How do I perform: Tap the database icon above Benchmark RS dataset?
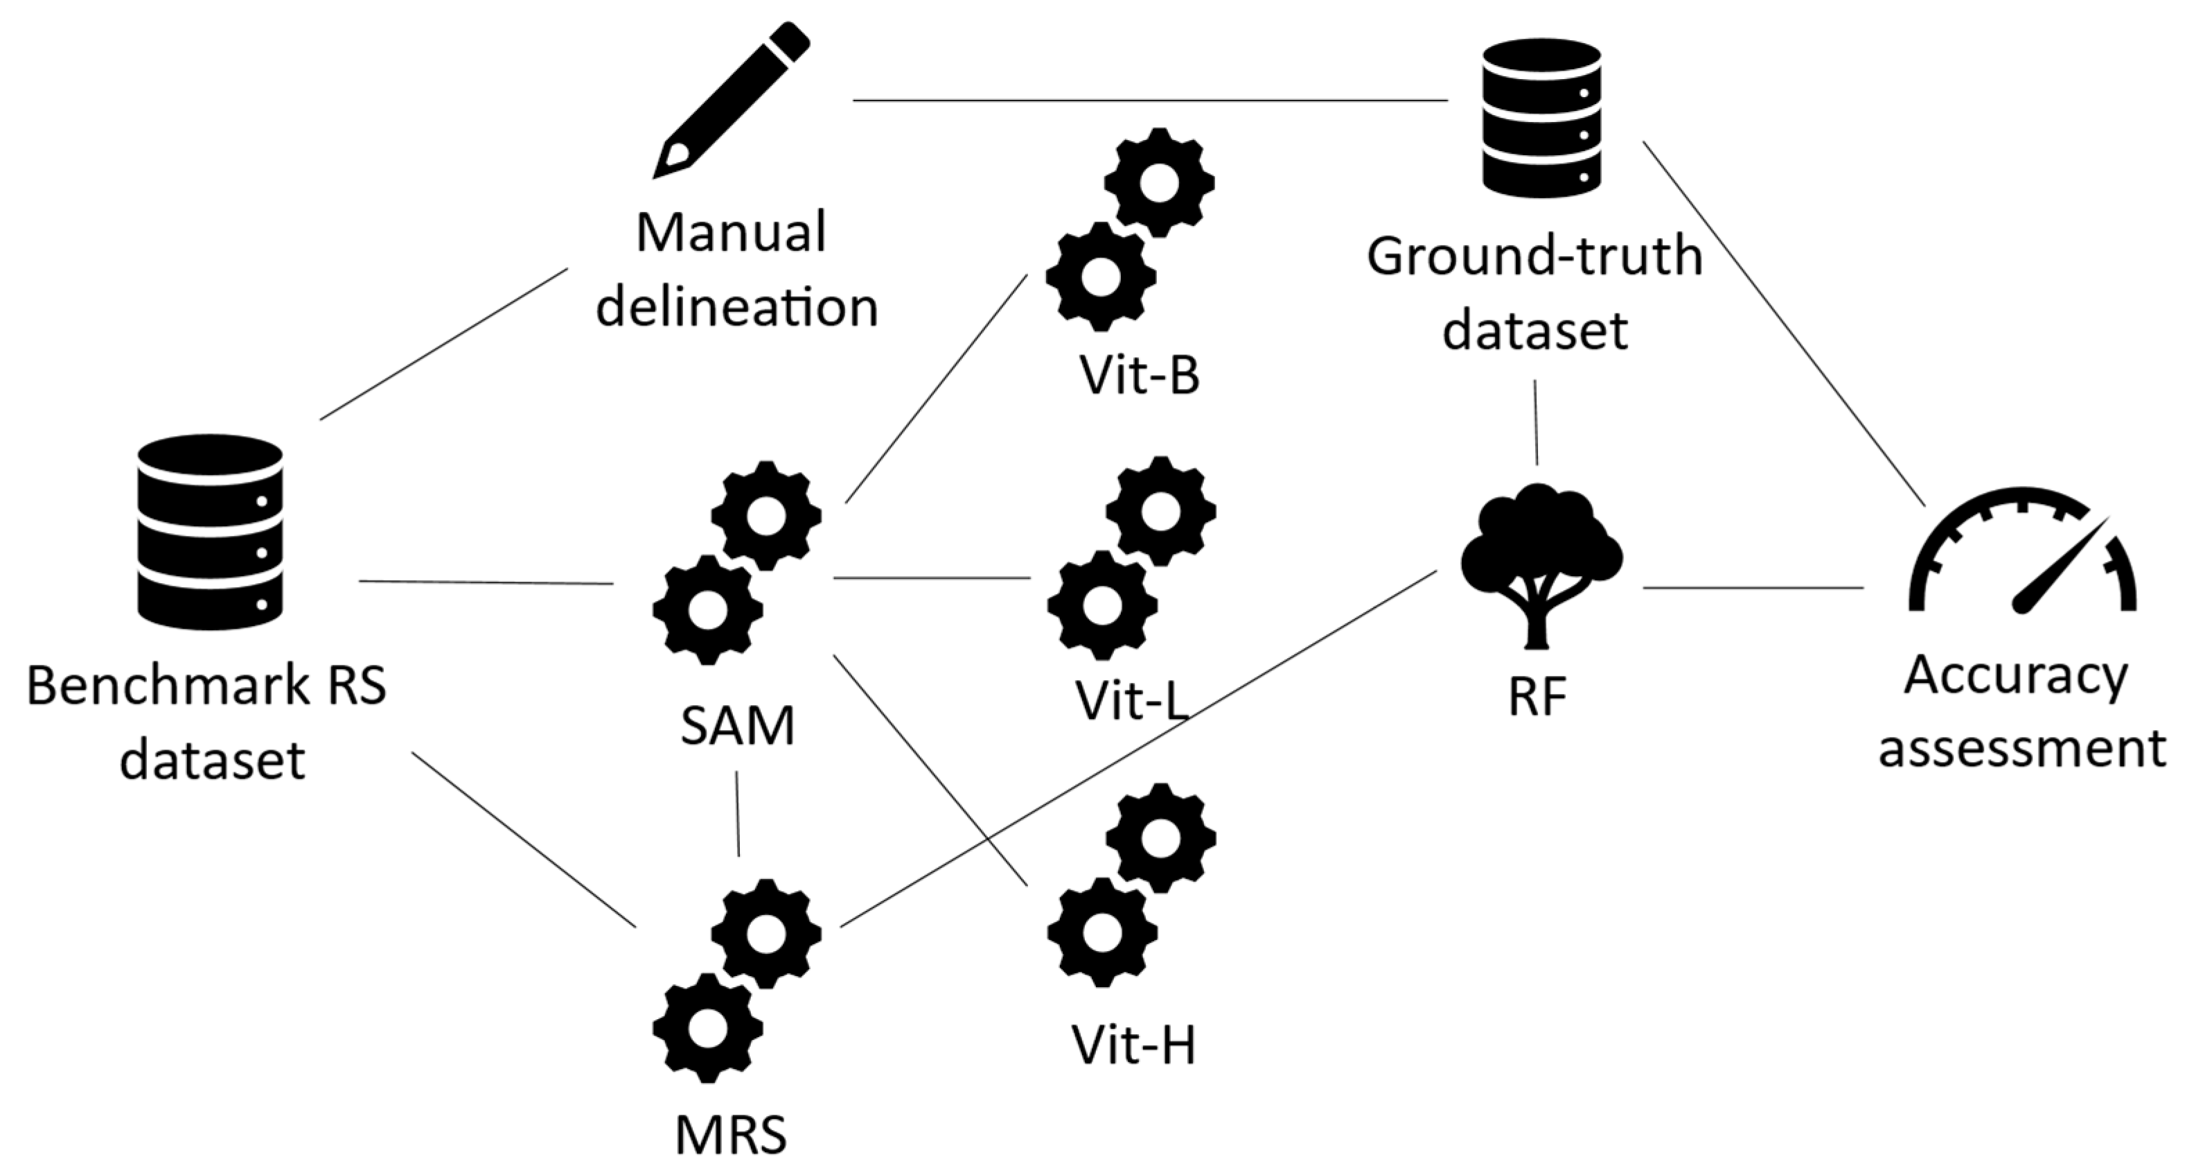click(210, 532)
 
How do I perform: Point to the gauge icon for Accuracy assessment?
click(2021, 552)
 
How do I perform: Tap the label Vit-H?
click(1133, 1045)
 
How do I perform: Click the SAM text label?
click(737, 727)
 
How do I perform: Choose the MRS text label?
click(731, 1135)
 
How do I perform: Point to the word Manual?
click(731, 233)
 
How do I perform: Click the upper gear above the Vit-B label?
click(1159, 182)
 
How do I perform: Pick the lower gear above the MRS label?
click(707, 1027)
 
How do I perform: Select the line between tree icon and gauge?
click(1753, 587)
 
